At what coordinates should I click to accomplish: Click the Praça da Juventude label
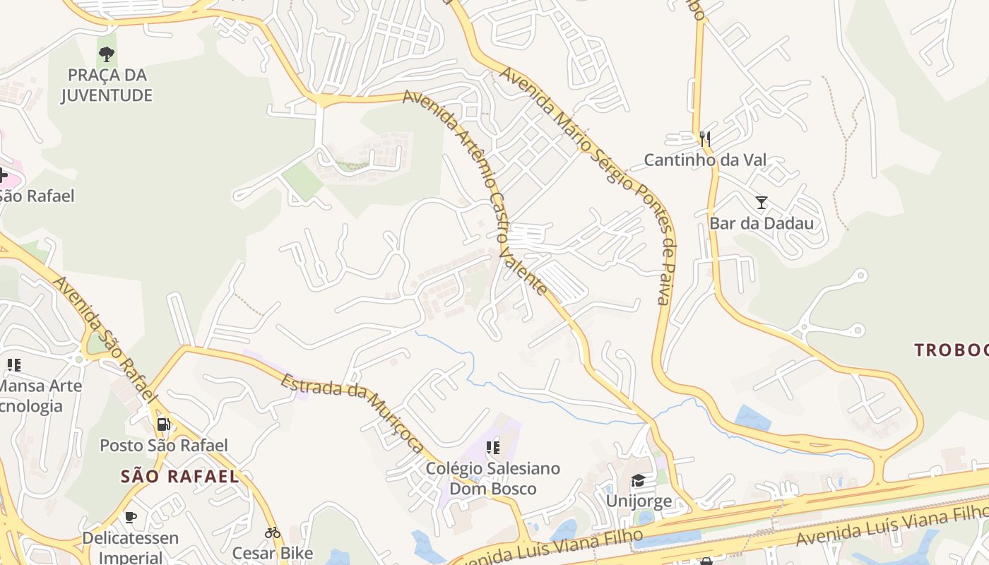pos(107,85)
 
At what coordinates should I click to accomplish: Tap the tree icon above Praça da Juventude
pos(107,53)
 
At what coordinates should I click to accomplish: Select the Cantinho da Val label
pos(705,160)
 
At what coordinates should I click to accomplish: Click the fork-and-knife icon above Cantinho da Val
pos(704,138)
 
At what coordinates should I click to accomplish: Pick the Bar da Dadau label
pos(762,224)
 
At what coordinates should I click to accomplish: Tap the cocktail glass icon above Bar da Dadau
pos(762,203)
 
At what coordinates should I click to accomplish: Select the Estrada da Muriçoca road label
pos(353,413)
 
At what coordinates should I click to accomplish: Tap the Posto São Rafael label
pos(164,446)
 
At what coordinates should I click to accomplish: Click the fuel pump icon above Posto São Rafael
pos(163,424)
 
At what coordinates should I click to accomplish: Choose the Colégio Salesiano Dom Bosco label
pos(493,478)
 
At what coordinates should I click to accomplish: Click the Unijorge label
pos(639,501)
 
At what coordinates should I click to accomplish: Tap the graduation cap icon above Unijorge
pos(638,481)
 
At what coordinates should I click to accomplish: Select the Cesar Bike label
pos(273,553)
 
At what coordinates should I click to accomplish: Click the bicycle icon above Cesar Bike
pos(273,533)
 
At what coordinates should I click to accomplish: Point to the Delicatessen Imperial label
pos(131,547)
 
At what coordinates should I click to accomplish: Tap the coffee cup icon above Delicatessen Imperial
pos(131,517)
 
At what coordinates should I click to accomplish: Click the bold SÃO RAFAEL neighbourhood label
pos(180,477)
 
